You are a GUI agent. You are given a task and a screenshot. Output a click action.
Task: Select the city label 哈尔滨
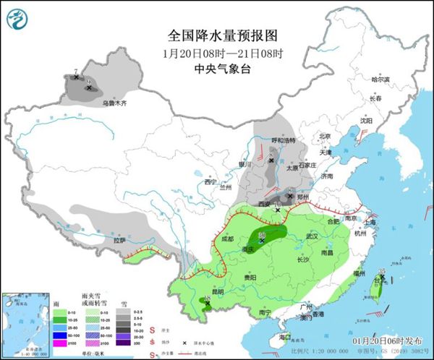click(x=380, y=80)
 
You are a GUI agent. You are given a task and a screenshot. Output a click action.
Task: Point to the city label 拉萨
click(x=119, y=240)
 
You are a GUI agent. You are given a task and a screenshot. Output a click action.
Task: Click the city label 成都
click(x=229, y=238)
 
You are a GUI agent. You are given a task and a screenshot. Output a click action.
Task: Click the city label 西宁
click(x=211, y=181)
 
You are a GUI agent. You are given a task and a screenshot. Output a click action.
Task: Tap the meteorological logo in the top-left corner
click(x=17, y=18)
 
